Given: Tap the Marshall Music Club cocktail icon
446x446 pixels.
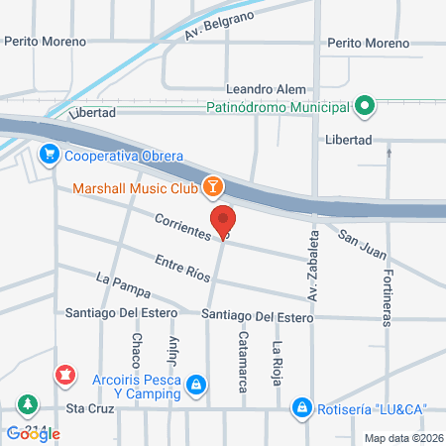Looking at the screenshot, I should coord(212,187).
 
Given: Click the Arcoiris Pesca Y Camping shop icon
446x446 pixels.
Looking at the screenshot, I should coord(197,385).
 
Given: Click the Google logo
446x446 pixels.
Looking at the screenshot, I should coord(34,433).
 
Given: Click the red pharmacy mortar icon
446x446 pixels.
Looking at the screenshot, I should coord(66,376).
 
